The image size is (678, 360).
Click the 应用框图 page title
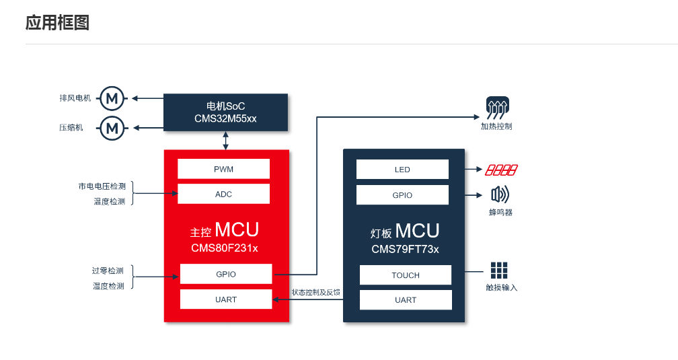[57, 23]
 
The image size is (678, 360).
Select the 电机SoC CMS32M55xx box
[225, 112]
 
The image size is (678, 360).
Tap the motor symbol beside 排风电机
[112, 98]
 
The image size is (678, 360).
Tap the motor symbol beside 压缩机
[112, 127]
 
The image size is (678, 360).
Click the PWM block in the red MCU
[223, 169]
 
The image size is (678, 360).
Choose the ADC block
[223, 194]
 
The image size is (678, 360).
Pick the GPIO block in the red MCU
[226, 274]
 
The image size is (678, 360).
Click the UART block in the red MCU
[226, 299]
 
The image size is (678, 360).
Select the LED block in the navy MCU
[402, 170]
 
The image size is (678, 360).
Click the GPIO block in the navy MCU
[402, 195]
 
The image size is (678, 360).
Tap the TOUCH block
[406, 275]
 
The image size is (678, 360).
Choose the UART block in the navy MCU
[406, 300]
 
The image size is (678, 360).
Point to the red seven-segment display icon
[502, 170]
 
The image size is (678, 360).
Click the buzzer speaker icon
[500, 195]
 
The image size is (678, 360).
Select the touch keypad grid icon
[499, 271]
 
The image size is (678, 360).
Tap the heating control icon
[497, 106]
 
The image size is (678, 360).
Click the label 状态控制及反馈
[315, 293]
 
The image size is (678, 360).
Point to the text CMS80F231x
[225, 248]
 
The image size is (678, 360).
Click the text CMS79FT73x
[405, 249]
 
